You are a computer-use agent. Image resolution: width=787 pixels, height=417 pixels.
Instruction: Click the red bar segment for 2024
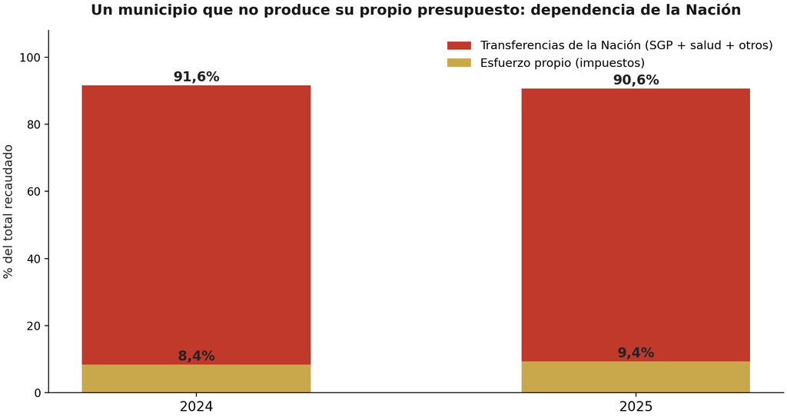(x=196, y=225)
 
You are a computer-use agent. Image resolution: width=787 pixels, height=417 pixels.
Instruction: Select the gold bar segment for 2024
(x=196, y=379)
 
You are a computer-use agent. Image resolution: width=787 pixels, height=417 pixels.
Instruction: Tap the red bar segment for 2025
(x=636, y=225)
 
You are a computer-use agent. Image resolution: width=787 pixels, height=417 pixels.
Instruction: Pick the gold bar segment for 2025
(x=636, y=377)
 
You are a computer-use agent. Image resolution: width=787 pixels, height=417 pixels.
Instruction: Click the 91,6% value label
(x=196, y=77)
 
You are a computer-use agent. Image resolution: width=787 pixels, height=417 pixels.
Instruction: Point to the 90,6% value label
(x=636, y=81)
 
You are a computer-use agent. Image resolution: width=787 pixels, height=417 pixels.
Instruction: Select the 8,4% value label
(x=196, y=356)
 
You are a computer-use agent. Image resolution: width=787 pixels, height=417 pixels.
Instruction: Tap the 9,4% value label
(x=636, y=352)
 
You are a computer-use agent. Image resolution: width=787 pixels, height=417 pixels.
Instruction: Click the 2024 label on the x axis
(x=196, y=406)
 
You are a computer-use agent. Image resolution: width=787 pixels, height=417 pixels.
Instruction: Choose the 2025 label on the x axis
(x=636, y=406)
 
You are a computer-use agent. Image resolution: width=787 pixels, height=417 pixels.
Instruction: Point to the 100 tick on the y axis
(x=31, y=58)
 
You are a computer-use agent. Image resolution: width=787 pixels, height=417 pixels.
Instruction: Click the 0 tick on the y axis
(x=38, y=393)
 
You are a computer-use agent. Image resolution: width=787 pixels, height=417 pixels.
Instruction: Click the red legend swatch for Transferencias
(x=460, y=45)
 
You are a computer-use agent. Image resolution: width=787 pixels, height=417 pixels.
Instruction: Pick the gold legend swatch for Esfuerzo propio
(x=460, y=63)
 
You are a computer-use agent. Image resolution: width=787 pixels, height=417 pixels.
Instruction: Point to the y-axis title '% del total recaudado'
(x=8, y=211)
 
